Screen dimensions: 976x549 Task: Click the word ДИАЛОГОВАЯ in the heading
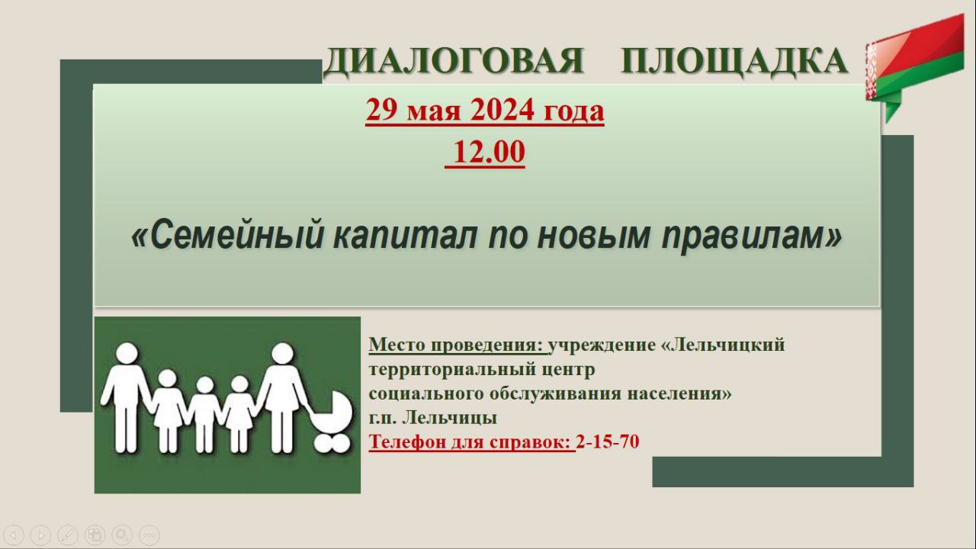[x=453, y=62]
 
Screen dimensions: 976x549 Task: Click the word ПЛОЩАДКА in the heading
[x=734, y=62]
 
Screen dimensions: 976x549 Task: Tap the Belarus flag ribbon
[x=914, y=68]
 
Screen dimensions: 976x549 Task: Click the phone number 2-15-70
[x=608, y=441]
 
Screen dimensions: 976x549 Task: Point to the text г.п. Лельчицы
[x=433, y=418]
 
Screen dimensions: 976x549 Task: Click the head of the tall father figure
[x=127, y=354]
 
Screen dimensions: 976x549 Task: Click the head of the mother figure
[x=283, y=355]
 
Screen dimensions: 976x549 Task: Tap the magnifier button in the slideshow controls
[x=122, y=535]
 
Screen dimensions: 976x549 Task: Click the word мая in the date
[x=434, y=111]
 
